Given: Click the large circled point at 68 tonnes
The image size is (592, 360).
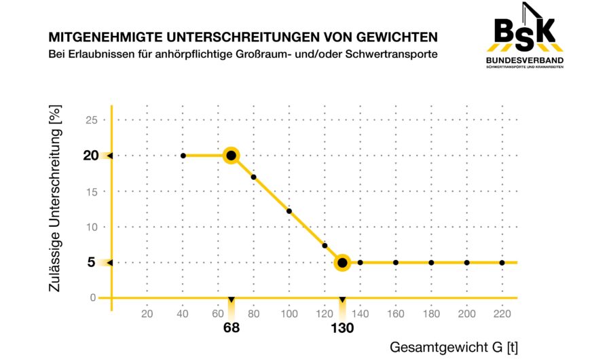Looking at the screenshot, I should pyautogui.click(x=231, y=156).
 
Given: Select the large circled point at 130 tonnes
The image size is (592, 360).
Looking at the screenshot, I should pyautogui.click(x=342, y=262).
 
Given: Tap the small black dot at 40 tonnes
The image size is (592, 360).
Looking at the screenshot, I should pyautogui.click(x=183, y=156).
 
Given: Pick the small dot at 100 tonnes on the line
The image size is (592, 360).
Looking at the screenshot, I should pyautogui.click(x=289, y=211).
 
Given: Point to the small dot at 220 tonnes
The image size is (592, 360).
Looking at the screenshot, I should pyautogui.click(x=502, y=262).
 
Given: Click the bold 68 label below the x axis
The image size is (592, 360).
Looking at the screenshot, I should pyautogui.click(x=232, y=327).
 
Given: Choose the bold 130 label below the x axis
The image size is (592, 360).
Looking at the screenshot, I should pyautogui.click(x=342, y=327).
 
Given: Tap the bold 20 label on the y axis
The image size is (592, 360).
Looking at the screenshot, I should pyautogui.click(x=91, y=156).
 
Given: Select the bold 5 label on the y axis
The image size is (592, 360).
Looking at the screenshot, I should pyautogui.click(x=91, y=262).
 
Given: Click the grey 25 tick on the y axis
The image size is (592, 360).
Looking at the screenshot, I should pyautogui.click(x=92, y=120).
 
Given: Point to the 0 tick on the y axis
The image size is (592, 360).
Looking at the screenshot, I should pyautogui.click(x=94, y=298).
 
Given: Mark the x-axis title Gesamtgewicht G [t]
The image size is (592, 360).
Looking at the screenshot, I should pyautogui.click(x=454, y=347).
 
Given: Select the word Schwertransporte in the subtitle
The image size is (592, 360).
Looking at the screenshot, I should pyautogui.click(x=394, y=53).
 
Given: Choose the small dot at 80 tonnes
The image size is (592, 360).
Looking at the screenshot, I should pyautogui.click(x=254, y=177).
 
